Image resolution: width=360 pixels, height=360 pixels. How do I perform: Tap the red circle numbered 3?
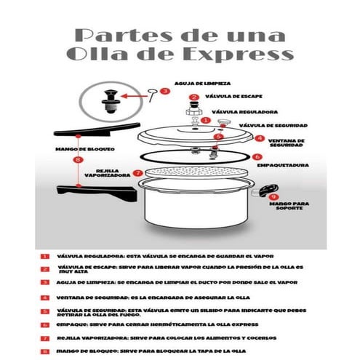coord(165,91)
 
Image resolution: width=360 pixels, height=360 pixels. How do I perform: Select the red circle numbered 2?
coord(193,97)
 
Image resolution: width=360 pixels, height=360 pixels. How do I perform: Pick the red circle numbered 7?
coord(137,173)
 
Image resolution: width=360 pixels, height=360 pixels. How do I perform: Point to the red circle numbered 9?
coord(273,196)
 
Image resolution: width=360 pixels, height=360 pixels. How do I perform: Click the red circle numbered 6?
coord(257,156)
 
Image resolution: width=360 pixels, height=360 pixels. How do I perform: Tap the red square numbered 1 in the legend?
coord(45,255)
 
